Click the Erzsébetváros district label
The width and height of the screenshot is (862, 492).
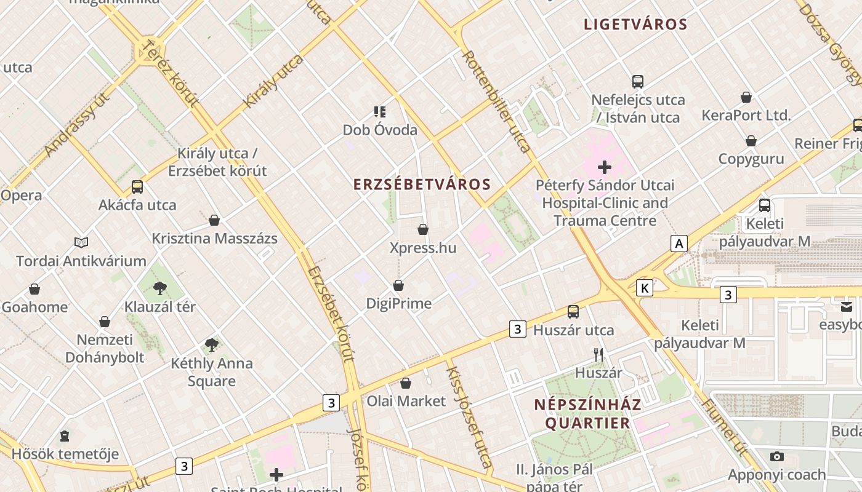point(422,184)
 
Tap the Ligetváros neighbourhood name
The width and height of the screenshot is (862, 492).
point(635,25)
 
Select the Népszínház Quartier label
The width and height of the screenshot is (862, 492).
point(587,414)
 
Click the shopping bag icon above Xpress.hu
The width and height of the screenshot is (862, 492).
point(423,229)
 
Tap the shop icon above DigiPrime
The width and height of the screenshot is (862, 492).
point(398,285)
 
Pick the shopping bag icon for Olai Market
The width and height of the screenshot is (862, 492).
point(406,383)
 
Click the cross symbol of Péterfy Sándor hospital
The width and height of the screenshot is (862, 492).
point(605,167)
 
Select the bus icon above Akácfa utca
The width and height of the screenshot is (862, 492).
point(137,186)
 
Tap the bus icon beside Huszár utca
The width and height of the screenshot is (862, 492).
point(573,312)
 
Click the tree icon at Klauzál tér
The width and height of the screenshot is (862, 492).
point(160,288)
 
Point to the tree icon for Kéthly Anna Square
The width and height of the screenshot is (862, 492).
point(212,344)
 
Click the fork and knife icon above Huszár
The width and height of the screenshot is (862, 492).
point(598,354)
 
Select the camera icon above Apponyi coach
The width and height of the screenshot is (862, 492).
point(777,456)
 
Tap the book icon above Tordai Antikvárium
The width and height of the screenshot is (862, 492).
point(81,242)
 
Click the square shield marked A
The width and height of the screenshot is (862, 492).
point(679,244)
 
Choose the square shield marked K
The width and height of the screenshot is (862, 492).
point(645,288)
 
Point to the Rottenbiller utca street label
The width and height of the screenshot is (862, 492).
point(496,101)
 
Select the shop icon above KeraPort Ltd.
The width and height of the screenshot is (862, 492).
point(746,97)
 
